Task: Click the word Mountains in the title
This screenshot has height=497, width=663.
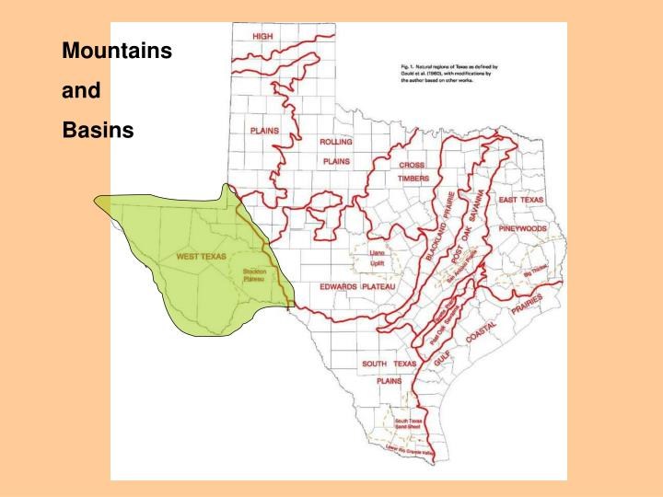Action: pos(117,52)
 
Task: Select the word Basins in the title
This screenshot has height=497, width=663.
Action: pos(98,130)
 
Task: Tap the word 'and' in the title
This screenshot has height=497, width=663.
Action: pos(80,91)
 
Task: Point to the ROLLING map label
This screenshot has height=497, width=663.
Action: pos(336,142)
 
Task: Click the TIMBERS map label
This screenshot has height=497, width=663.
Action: pos(413,179)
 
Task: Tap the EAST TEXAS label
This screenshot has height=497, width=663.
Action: pos(521,200)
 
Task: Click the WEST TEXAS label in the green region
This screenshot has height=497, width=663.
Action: pos(202,256)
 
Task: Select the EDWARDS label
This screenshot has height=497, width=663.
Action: pos(338,287)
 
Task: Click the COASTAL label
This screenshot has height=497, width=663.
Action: pos(481,333)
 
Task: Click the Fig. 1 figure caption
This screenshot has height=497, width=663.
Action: pos(445,75)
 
